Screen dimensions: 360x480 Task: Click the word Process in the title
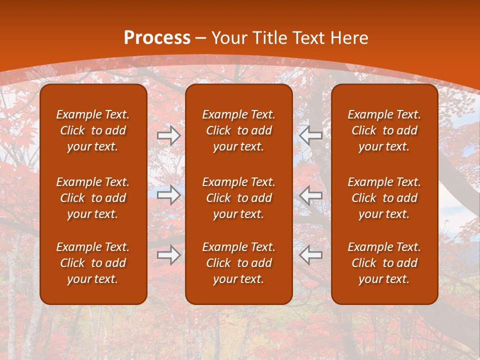[x=157, y=38]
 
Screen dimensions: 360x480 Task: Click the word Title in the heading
[x=269, y=38]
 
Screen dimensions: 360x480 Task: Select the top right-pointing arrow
[x=168, y=135]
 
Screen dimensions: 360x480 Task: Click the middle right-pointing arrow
[x=168, y=195]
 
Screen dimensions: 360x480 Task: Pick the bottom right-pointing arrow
[x=168, y=255]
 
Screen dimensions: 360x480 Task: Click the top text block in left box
[x=93, y=130]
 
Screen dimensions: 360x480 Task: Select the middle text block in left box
[x=93, y=198]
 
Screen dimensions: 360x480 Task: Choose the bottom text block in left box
[x=93, y=263]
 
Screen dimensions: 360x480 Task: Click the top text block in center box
[x=238, y=130]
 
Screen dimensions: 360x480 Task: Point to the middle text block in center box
[x=238, y=198]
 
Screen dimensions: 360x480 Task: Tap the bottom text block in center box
[x=238, y=263]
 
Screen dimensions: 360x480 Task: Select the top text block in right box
[x=384, y=130]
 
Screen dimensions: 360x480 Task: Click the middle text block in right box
[x=384, y=198]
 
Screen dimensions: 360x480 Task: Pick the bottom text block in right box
[x=384, y=263]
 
